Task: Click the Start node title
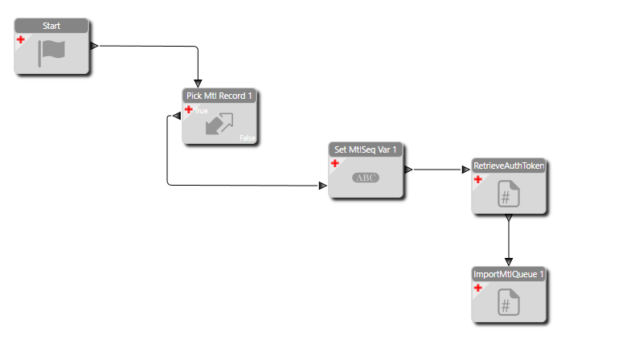pos(51,26)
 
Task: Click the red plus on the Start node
pos(21,39)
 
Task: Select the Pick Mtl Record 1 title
pos(219,96)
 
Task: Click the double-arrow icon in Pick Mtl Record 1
pos(219,123)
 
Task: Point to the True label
pos(200,111)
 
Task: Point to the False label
pos(247,138)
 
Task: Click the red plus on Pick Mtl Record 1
pos(189,109)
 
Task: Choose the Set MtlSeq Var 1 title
pos(366,149)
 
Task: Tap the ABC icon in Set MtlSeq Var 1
pos(366,178)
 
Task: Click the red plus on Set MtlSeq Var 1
pos(335,163)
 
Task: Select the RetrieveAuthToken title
pos(509,166)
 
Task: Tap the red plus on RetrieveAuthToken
pos(477,179)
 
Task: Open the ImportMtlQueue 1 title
pos(509,274)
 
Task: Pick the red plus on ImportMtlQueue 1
pos(477,288)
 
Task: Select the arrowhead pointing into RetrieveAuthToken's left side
pos(465,170)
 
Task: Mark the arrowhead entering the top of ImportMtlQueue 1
pos(508,261)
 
